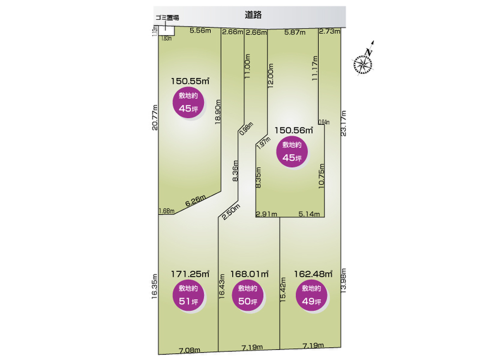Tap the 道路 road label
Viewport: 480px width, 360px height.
pos(253,15)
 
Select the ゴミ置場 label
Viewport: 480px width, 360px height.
pos(167,18)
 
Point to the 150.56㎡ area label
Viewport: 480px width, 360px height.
pos(294,130)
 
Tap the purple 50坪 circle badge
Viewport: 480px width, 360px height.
pos(247,295)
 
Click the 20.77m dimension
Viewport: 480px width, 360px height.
pos(155,118)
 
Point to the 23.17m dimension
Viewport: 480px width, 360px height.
pos(344,122)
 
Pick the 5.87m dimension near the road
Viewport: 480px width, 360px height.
pos(295,32)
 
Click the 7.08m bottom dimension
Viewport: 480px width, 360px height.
pos(189,350)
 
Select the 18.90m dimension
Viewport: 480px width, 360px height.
pos(217,112)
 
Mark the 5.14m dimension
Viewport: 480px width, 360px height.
pos(309,214)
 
